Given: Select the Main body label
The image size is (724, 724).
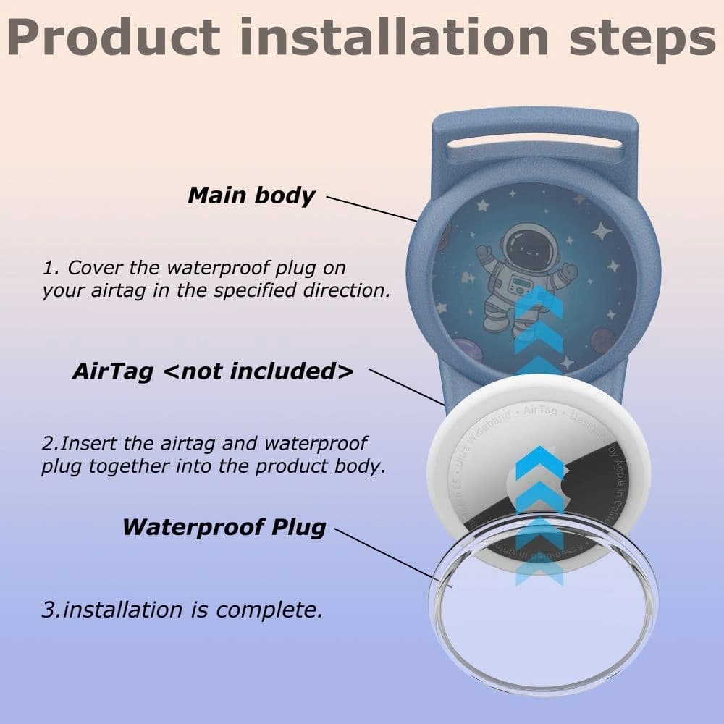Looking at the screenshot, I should pos(251,195).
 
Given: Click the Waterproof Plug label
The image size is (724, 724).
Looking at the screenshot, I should pos(224,526).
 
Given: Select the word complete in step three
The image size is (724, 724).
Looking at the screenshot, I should pos(269,610).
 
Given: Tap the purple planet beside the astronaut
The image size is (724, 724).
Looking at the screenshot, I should pos(602,340).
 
